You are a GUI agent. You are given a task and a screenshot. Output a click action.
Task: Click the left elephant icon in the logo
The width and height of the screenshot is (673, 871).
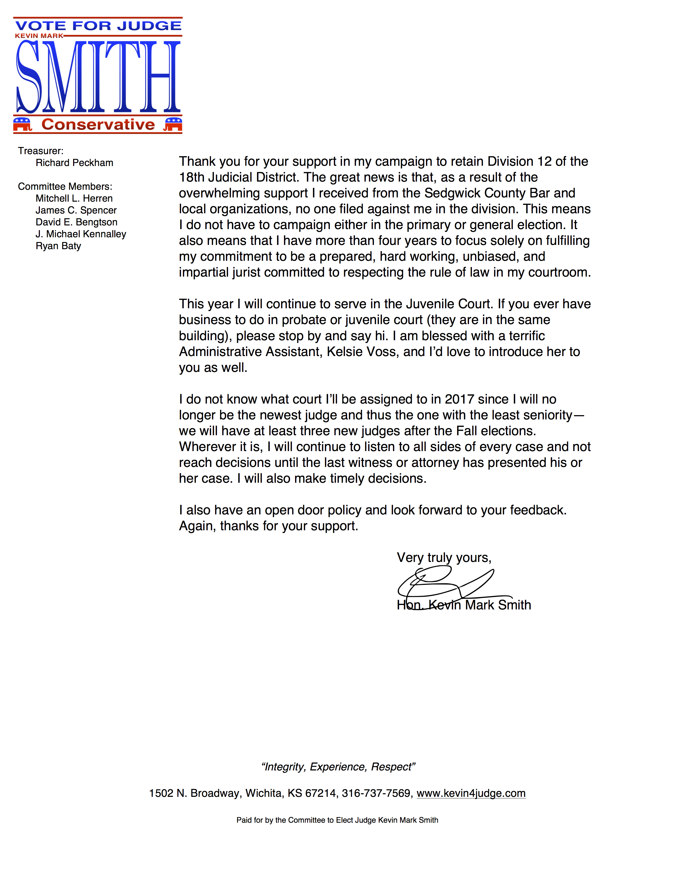(x=22, y=124)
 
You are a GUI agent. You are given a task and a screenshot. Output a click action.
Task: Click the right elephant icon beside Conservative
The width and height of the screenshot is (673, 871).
(x=173, y=124)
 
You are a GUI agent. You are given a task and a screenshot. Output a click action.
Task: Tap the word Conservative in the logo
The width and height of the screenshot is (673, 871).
(x=98, y=124)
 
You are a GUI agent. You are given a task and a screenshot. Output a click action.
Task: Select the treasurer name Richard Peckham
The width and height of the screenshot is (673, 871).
(x=74, y=163)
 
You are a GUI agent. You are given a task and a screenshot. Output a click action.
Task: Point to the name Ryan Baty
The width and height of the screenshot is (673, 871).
(x=58, y=246)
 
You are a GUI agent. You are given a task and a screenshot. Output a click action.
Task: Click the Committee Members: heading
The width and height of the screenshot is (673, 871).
(x=65, y=186)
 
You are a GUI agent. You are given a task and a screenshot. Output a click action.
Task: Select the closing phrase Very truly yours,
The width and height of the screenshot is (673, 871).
(x=444, y=557)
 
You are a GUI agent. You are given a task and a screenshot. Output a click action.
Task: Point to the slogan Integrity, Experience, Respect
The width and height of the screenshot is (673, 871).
(x=338, y=766)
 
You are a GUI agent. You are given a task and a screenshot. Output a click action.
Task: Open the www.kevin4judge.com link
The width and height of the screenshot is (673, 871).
(x=471, y=793)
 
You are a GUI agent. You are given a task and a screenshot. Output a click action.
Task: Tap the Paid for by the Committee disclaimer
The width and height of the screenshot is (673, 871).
(x=337, y=820)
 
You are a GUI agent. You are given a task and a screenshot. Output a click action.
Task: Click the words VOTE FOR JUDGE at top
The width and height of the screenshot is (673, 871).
(x=98, y=26)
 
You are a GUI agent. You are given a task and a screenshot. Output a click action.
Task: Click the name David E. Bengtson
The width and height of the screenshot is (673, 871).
(x=76, y=222)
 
